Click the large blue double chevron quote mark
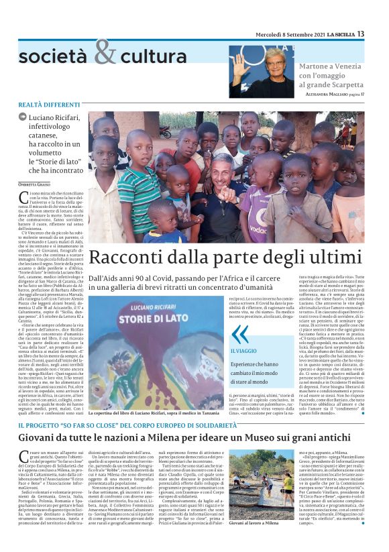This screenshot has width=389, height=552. pyautogui.click(x=239, y=333)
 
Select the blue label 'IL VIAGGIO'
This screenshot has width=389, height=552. pyautogui.click(x=244, y=351)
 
